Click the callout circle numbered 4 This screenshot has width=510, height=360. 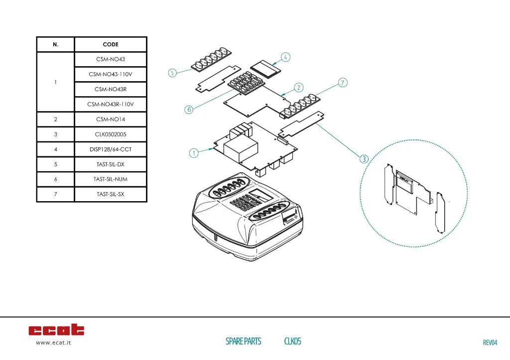[285, 57]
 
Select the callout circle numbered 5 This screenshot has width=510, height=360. [172, 73]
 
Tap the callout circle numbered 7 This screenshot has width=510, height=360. [343, 82]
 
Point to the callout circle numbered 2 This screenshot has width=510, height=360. [298, 88]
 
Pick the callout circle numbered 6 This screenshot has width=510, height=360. [189, 110]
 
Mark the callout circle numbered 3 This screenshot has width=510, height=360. [364, 159]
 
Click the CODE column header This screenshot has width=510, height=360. [111, 44]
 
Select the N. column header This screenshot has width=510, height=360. [55, 44]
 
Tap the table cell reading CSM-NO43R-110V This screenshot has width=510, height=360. [111, 104]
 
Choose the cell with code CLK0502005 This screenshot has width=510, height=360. [111, 134]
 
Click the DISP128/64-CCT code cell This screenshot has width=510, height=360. [111, 149]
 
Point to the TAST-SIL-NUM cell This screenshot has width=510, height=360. [111, 179]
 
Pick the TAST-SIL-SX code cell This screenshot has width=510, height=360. [111, 194]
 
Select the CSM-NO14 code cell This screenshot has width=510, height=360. [111, 120]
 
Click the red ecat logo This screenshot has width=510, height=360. [56, 330]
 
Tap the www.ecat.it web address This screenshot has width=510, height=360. [53, 343]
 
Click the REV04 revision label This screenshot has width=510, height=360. [490, 343]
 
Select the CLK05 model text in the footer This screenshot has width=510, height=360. [292, 341]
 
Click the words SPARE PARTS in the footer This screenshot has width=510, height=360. [243, 341]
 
